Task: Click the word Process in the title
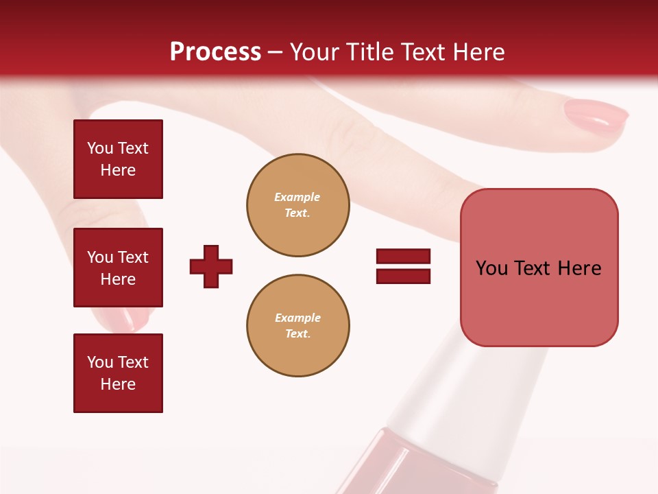215,52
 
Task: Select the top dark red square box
118,159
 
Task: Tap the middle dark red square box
118,268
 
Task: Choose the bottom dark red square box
118,373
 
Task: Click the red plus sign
211,266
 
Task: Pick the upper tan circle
297,205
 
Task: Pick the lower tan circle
297,326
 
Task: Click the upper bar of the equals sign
403,257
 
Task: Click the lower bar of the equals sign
403,276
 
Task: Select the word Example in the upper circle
297,197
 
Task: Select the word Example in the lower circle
297,318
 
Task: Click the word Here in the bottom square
118,384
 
